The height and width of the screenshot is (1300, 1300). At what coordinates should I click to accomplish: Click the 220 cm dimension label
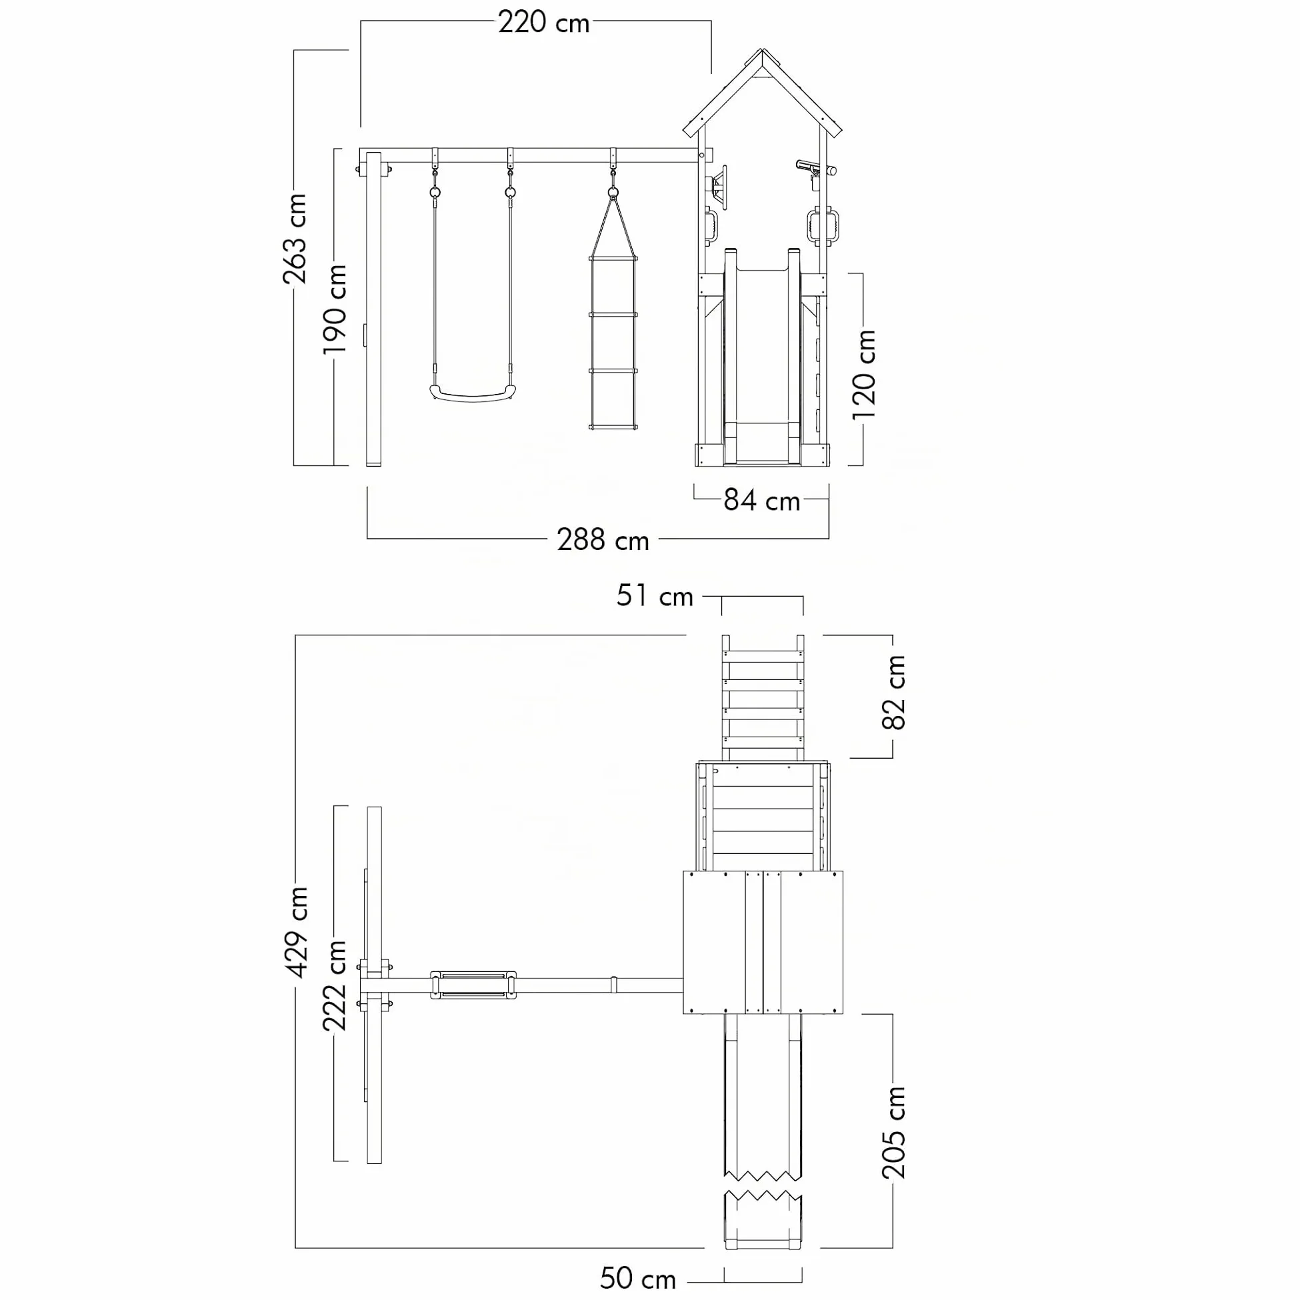pos(544,23)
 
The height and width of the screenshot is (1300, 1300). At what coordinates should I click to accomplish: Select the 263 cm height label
pos(295,239)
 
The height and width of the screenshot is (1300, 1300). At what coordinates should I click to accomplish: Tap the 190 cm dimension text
pos(335,309)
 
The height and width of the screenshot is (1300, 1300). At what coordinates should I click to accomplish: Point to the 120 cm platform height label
pos(863,375)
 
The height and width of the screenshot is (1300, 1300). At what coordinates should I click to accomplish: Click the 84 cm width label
pos(762,501)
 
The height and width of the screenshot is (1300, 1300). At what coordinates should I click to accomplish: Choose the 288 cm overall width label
pos(603,540)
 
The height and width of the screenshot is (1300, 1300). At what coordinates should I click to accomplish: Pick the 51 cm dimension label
pos(655,596)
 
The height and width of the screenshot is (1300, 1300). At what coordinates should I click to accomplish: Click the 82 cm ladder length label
pos(893,693)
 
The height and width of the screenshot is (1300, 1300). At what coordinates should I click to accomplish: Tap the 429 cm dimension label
pos(296,932)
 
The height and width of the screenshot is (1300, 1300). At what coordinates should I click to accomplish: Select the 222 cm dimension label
pos(335,987)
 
